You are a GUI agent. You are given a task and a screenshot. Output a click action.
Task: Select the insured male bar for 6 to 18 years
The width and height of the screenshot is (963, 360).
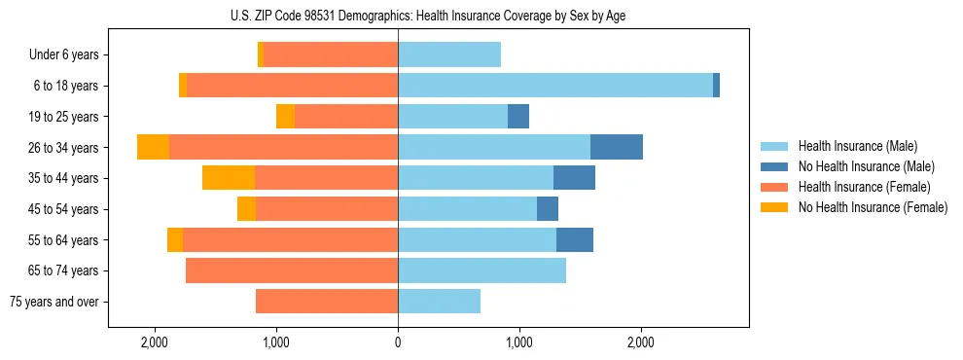554,86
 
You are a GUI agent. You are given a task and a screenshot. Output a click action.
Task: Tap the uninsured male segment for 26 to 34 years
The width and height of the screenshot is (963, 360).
616,147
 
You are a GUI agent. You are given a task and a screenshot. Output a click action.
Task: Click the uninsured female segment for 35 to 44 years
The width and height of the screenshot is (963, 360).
229,178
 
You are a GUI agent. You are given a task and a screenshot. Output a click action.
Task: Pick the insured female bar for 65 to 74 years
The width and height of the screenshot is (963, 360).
291,270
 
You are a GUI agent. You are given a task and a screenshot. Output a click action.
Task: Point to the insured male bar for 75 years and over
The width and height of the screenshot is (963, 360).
439,302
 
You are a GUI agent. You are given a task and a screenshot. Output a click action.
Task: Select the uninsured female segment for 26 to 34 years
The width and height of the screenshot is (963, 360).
153,147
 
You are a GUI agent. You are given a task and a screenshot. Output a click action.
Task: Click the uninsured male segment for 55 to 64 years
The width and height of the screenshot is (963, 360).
574,240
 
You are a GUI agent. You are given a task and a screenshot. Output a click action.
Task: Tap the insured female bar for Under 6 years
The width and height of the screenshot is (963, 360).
330,54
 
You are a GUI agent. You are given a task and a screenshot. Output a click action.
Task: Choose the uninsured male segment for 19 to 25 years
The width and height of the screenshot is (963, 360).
518,117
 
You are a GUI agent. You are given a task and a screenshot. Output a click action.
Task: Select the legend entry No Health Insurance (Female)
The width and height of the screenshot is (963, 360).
873,207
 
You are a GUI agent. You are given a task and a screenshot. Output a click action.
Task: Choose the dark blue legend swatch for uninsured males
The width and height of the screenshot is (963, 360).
775,166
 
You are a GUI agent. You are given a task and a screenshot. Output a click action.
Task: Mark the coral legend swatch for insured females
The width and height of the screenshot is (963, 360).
775,187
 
